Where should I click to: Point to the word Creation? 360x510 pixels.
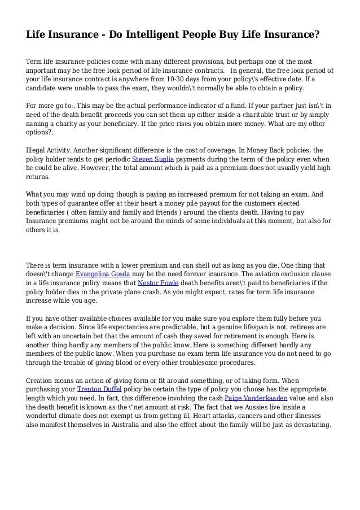click(42, 380)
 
